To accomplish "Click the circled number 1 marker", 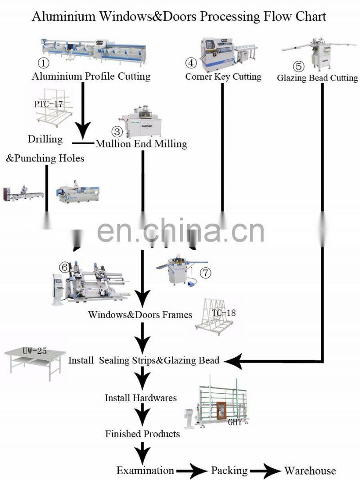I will point(43,62).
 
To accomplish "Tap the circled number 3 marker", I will point(117,132).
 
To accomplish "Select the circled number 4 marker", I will point(191,63).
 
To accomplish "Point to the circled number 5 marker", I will point(299,66).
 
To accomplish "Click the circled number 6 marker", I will point(65,267).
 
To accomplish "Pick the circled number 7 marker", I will point(205,273).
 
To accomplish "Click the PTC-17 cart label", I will point(49,104).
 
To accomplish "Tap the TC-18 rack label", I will point(224,313).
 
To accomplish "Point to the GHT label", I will point(234,422).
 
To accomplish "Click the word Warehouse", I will point(310,471).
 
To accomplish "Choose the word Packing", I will point(229,471).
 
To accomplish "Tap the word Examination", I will point(145,471).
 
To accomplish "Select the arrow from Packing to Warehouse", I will point(265,471).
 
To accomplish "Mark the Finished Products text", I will point(142,434).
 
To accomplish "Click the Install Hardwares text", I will point(140,398).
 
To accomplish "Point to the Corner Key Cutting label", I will point(223,77).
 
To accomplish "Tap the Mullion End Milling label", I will point(141,144).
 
